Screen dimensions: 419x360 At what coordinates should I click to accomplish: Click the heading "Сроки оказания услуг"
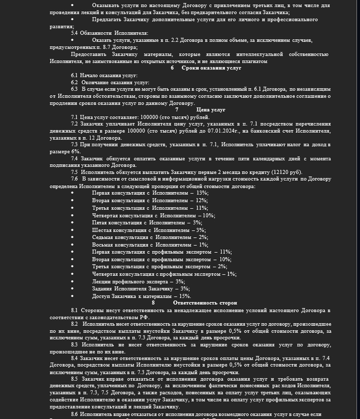(211, 68)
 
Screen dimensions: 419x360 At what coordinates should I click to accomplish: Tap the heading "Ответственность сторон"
(209, 303)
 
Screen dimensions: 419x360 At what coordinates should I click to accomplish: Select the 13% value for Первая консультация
(210, 193)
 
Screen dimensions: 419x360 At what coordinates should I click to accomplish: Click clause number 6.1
(75, 75)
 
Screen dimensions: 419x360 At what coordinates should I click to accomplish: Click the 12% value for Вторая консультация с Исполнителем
(202, 200)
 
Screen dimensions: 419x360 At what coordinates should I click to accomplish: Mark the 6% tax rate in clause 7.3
(76, 152)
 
